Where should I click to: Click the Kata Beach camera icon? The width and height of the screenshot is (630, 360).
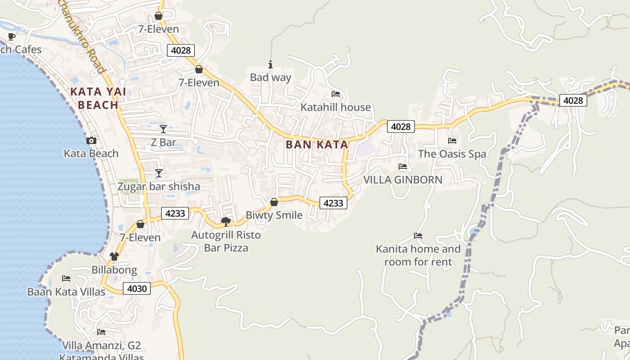coord(91,141)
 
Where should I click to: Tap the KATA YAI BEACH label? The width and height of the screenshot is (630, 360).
coord(94,99)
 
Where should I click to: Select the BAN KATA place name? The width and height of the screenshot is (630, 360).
coord(317,144)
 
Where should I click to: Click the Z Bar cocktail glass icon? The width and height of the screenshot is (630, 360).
coord(163,129)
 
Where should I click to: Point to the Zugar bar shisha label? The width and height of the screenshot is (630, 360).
coord(158,186)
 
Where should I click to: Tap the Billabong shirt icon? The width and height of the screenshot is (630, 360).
coord(114,256)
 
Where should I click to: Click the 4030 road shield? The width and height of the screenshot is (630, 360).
coord(137,288)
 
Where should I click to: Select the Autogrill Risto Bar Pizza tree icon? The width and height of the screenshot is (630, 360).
coord(226,221)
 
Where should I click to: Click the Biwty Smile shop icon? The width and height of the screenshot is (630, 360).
coord(274,202)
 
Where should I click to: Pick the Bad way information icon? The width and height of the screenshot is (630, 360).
coord(270,64)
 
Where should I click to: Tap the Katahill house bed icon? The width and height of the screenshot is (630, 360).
coord(335,94)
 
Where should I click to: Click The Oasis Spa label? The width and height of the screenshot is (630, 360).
coord(452,154)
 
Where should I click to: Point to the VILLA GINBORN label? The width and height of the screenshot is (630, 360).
coord(403,180)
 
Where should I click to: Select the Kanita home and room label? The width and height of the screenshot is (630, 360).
coord(418,255)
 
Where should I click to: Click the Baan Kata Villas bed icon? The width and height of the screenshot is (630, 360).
coord(66,279)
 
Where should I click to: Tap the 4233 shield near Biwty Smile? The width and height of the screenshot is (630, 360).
coord(333,203)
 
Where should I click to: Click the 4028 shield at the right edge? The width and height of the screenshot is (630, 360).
coord(573,100)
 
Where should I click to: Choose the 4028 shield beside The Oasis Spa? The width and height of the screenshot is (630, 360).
coord(400,126)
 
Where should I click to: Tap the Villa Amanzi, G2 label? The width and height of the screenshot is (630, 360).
coord(101,346)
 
